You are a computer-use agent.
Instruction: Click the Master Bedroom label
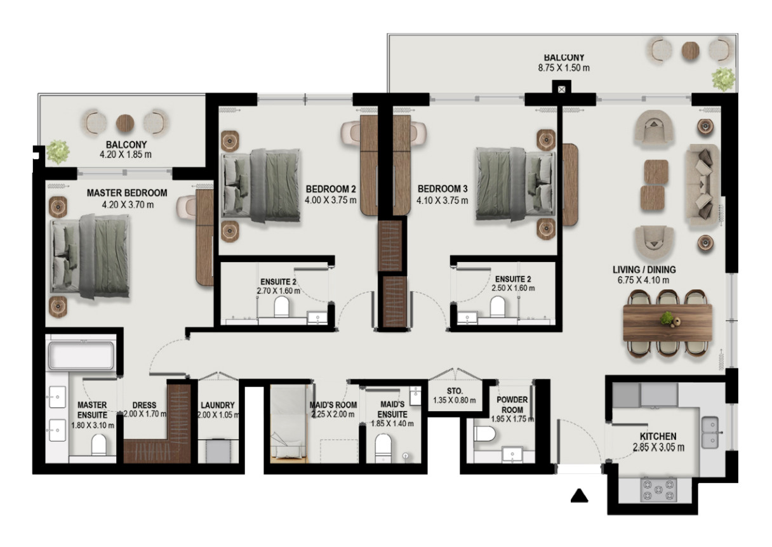click(127, 193)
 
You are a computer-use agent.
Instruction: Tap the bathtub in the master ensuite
click(81, 355)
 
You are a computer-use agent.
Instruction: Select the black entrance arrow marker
click(579, 496)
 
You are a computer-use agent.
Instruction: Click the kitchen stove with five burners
click(658, 489)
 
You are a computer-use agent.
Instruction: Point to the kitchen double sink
click(710, 432)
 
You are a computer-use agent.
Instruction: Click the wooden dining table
click(668, 323)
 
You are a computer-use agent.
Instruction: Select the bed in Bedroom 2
click(261, 185)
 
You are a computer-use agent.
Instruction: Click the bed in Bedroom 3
click(516, 184)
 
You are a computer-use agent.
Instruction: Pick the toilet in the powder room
click(484, 434)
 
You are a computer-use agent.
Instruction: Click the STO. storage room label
click(455, 391)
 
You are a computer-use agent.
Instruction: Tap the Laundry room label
click(218, 405)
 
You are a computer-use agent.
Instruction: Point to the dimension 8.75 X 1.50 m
click(564, 68)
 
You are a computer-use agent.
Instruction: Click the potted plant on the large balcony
click(723, 79)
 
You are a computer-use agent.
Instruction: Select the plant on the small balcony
click(58, 152)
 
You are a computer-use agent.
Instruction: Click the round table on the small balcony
click(125, 123)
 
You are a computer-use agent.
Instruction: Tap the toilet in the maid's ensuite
click(383, 448)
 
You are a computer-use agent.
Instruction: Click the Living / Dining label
click(644, 270)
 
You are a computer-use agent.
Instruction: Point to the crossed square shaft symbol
click(562, 89)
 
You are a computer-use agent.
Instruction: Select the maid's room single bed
click(288, 425)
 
